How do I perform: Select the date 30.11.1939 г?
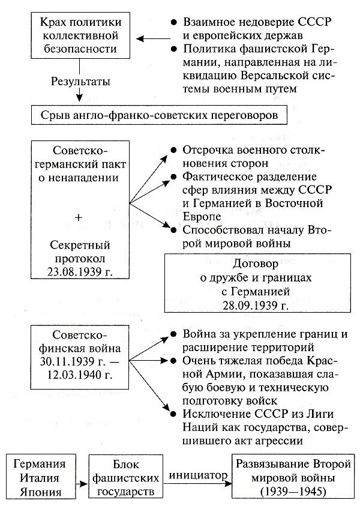[76, 361]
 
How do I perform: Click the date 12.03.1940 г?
[76, 375]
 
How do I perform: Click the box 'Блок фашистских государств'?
[127, 477]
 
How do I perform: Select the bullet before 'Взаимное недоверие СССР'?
[173, 21]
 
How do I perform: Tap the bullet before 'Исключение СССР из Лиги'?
[173, 414]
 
